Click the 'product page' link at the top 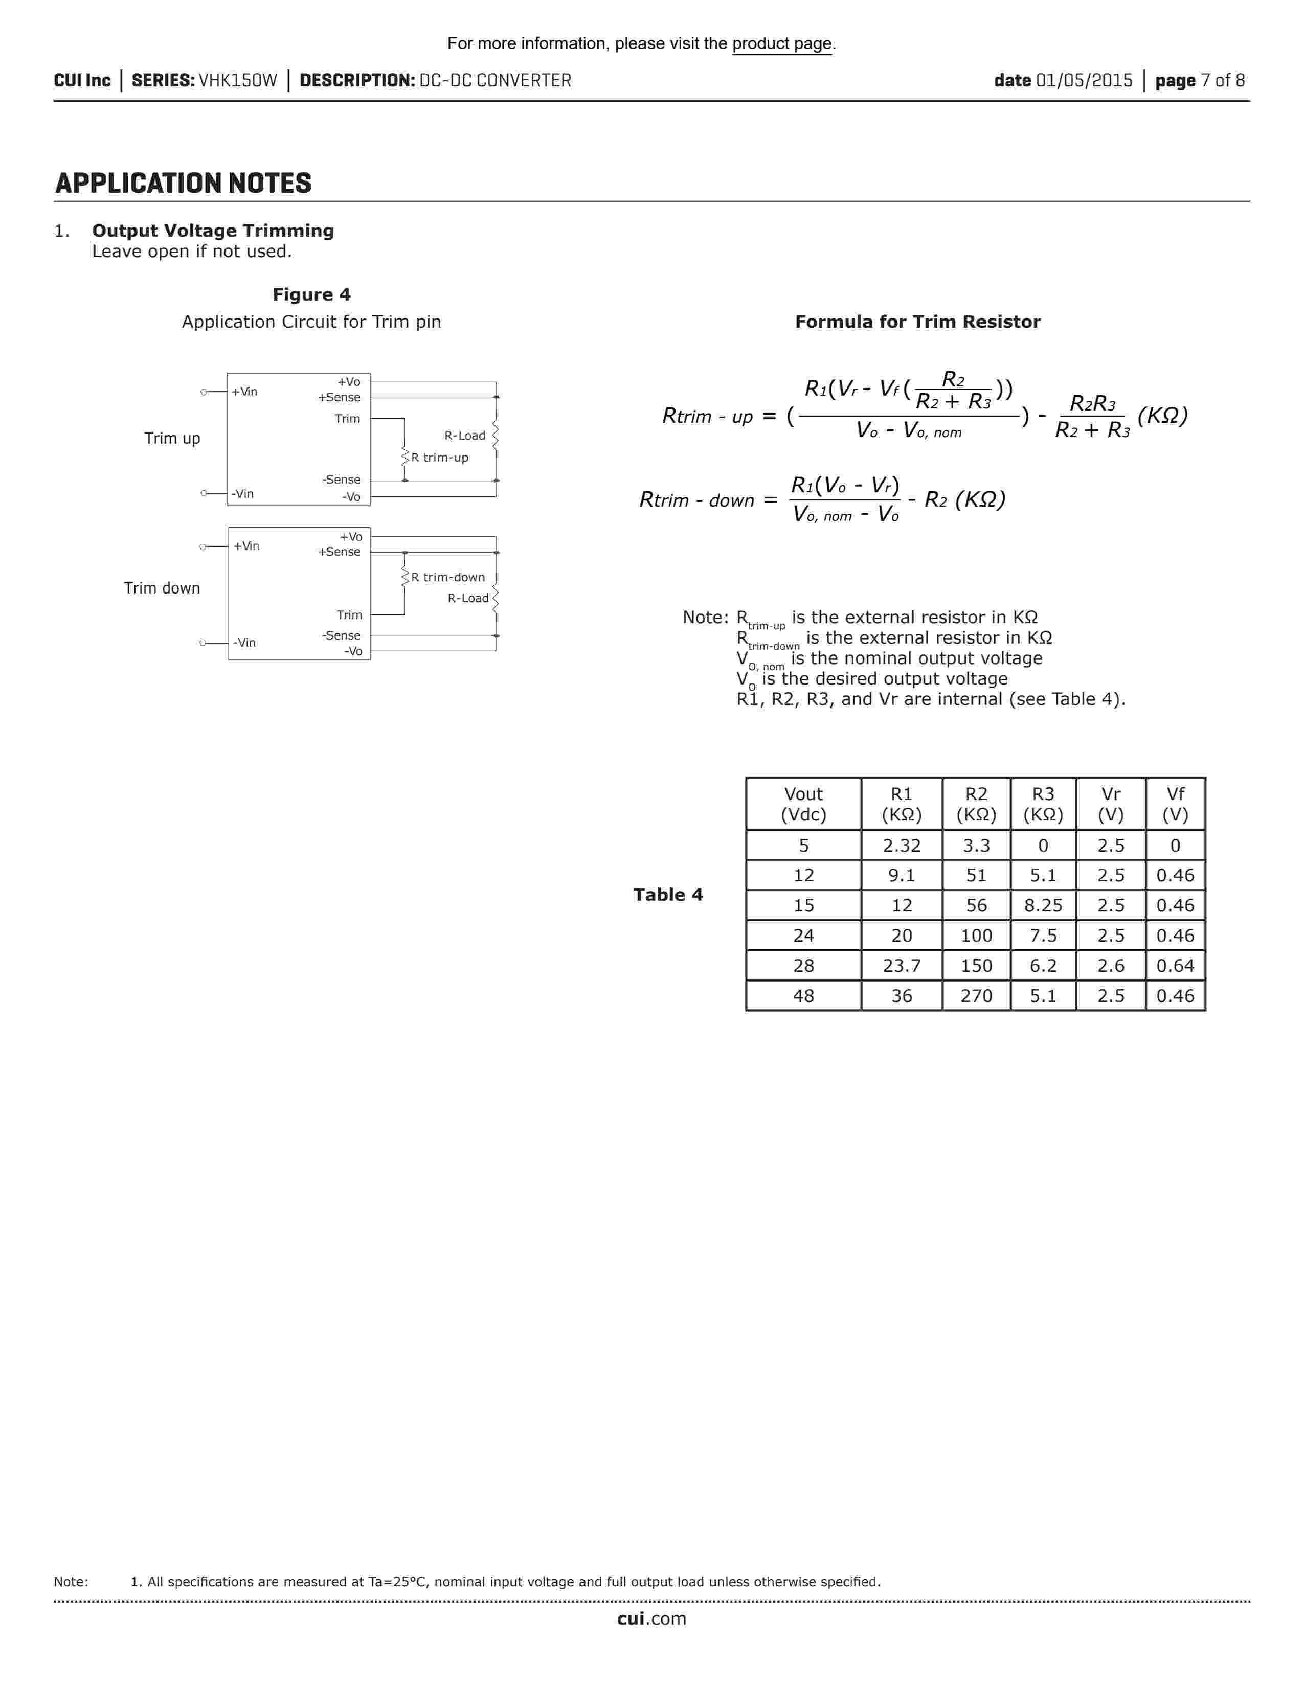782,44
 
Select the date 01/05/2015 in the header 1084,80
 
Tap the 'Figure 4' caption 311,294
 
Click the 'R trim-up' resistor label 440,458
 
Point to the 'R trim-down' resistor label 448,577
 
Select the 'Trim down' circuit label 162,588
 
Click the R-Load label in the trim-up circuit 464,436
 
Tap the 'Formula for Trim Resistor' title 917,322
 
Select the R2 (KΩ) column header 976,804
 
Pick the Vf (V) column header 1175,804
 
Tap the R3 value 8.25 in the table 1043,905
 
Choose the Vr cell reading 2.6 1111,966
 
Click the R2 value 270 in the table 976,996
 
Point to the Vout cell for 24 803,936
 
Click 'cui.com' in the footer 651,1618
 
